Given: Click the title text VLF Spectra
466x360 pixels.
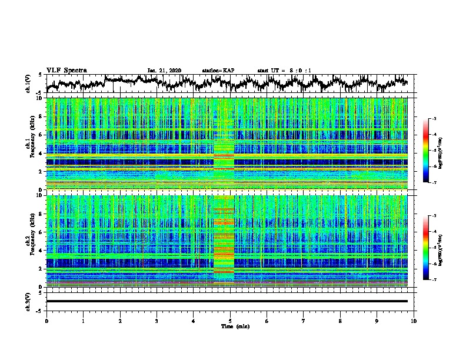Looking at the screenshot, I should point(66,70).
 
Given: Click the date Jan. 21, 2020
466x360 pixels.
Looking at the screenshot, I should point(164,71).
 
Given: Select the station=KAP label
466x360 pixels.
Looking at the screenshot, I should point(218,71).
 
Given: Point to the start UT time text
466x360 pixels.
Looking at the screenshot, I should point(284,71).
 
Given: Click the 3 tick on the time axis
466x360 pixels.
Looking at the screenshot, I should point(157,321).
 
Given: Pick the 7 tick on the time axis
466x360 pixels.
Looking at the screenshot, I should point(304,321).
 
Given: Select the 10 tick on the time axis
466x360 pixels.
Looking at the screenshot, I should point(414,321).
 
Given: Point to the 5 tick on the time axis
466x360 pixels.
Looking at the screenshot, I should point(230,321).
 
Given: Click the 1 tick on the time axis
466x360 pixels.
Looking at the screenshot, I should point(83,321).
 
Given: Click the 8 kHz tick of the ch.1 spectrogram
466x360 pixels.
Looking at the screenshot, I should point(41,116).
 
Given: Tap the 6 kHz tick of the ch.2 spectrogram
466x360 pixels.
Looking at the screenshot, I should point(41,232).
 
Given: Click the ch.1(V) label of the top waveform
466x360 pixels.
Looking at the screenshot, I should point(29,84).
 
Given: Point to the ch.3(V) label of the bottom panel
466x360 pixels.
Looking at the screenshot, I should point(29,301).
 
